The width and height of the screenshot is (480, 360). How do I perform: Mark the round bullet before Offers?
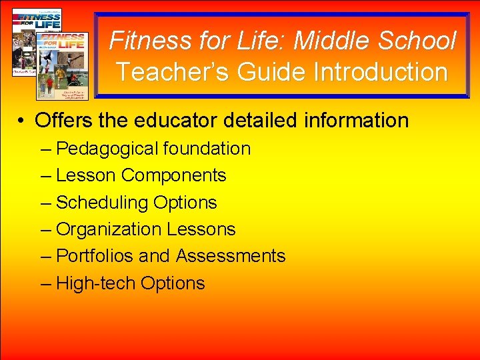click(22, 121)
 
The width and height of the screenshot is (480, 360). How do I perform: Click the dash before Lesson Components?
click(45, 176)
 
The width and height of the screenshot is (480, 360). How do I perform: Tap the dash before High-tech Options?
click(45, 284)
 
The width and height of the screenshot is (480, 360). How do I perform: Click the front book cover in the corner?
click(62, 63)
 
